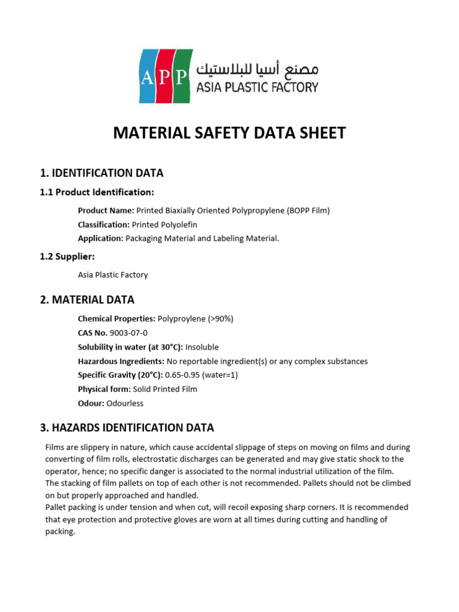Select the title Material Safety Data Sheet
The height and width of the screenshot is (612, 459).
point(229,133)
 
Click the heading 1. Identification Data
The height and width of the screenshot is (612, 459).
point(102,173)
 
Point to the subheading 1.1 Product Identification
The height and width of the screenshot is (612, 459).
point(97,192)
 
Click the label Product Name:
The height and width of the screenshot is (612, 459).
point(106,210)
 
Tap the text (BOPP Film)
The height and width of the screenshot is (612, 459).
point(301,210)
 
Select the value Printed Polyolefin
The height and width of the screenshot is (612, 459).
point(164,224)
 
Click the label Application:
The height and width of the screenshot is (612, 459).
point(100,238)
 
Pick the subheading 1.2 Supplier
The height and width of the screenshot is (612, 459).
point(68,256)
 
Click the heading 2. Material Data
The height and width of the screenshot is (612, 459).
point(87,299)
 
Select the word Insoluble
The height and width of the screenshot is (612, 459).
point(202,347)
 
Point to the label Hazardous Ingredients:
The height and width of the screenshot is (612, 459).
point(121,361)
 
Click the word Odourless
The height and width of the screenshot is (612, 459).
point(125,403)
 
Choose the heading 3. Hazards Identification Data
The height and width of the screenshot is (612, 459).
point(127,427)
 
